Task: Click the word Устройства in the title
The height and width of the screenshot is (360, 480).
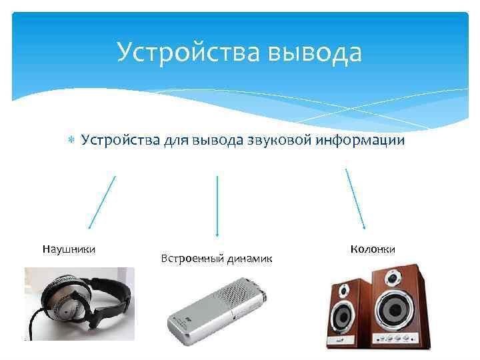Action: coord(188,52)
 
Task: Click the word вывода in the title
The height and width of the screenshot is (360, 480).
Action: coord(315,53)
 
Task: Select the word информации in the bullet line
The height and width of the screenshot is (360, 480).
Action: coord(360,141)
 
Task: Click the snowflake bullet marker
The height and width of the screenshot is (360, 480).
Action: coord(71,140)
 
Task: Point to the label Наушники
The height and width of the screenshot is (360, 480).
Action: coord(69,249)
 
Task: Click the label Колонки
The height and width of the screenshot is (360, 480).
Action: coord(373,249)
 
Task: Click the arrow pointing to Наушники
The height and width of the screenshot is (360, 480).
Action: coord(102,203)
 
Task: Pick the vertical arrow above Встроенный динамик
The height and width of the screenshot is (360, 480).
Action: coord(217,206)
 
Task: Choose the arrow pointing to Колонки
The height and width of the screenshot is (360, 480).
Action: coord(355,199)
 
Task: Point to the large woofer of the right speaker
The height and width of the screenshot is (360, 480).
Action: coord(395,309)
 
